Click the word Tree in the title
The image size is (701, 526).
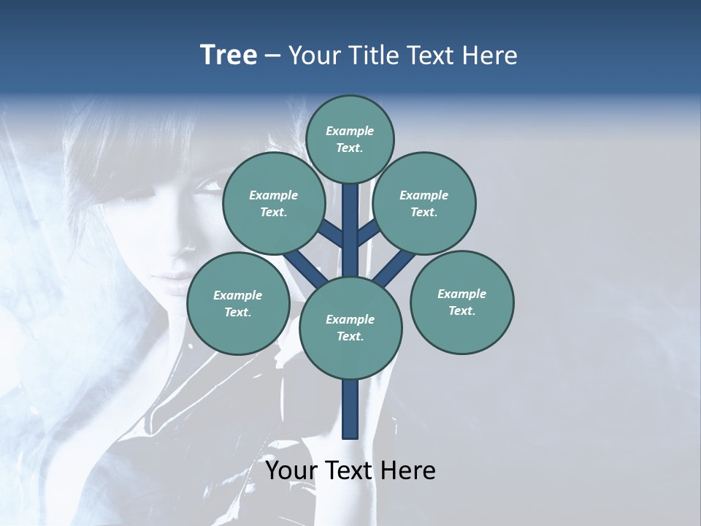coord(229,55)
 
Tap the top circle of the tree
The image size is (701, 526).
coord(350,139)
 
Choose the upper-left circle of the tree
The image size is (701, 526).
coord(274,203)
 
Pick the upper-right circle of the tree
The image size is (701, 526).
coord(424,203)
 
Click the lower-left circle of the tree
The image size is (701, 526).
coord(238,303)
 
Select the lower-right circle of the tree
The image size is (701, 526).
coord(461,302)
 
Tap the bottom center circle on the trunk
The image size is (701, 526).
coord(350,327)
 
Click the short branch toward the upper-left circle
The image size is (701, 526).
coord(330,235)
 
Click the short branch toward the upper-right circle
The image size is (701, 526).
coord(369,234)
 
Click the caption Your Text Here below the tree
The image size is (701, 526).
coord(350,470)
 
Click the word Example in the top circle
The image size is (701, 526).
coord(350,131)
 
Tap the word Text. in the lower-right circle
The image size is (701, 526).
coord(461,310)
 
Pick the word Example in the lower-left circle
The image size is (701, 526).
coord(238,295)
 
